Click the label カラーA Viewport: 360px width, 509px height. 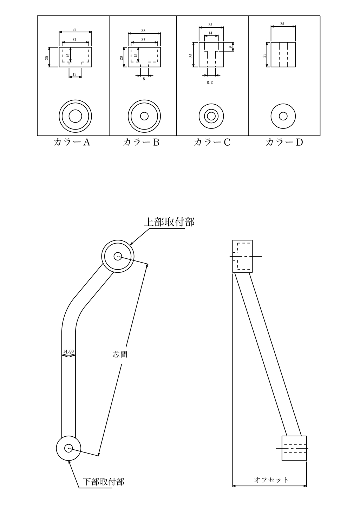click(72, 142)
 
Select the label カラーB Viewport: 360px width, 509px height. click(141, 142)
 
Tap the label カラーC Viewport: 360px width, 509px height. click(212, 142)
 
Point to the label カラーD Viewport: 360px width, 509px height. click(284, 142)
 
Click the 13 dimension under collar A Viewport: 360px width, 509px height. click(74, 74)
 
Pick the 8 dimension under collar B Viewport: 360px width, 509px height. click(144, 79)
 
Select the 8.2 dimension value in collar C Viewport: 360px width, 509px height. click(210, 82)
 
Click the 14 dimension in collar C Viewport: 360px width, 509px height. click(210, 33)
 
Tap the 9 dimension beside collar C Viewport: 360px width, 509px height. click(230, 47)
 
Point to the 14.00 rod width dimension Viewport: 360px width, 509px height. click(68, 351)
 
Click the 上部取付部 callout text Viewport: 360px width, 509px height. click(169, 222)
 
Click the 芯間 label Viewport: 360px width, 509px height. click(120, 355)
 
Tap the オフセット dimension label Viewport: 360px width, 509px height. click(271, 480)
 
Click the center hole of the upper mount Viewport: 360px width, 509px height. click(118, 256)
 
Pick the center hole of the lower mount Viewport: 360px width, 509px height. click(68, 448)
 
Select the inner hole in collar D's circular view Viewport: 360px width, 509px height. click(283, 116)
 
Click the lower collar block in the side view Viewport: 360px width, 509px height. click(294, 448)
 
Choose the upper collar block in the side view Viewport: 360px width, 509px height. click(243, 256)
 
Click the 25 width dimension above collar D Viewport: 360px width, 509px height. click(283, 24)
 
